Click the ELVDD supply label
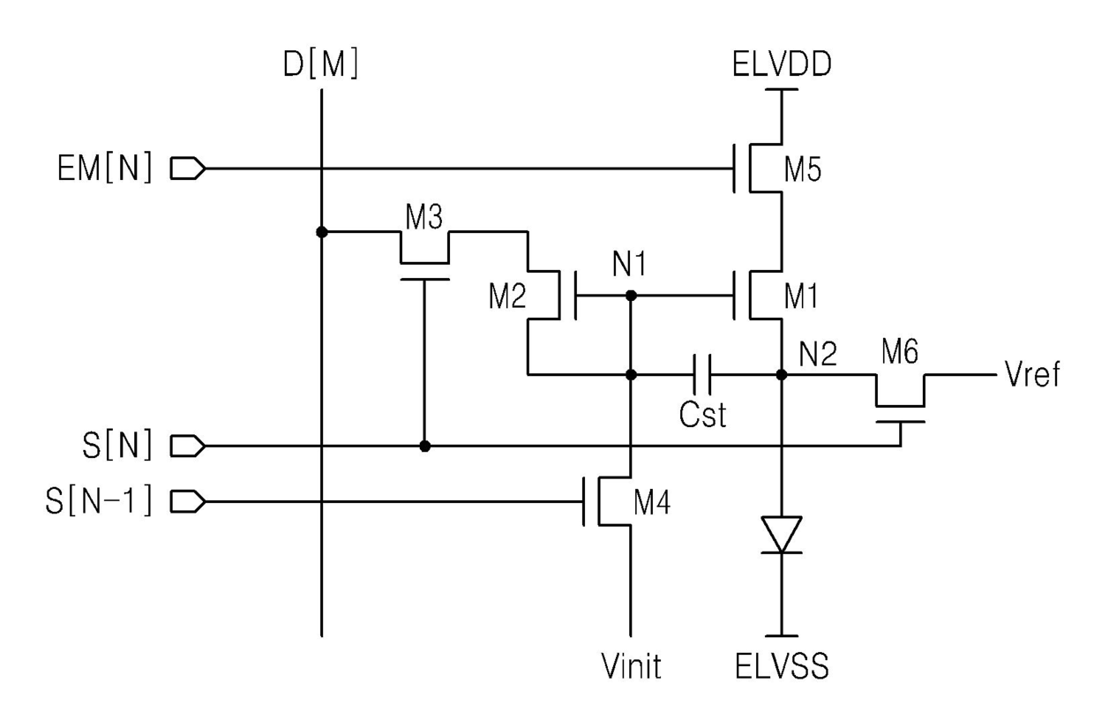tap(782, 64)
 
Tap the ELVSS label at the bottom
tap(782, 666)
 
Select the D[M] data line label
tap(321, 64)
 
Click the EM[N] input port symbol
tap(188, 169)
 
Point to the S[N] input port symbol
tap(188, 446)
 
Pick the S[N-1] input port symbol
tap(188, 501)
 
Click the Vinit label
tap(631, 666)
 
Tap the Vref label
tap(1032, 374)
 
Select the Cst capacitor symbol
tap(701, 375)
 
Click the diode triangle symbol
tap(782, 535)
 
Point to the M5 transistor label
tap(803, 169)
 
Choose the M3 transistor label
tap(423, 217)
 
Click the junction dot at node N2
tap(782, 375)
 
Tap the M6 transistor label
tap(900, 351)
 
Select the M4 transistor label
tap(652, 503)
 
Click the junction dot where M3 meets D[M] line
tap(322, 232)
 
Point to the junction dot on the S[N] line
tap(425, 447)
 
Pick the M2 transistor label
tap(507, 296)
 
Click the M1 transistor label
tap(801, 296)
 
